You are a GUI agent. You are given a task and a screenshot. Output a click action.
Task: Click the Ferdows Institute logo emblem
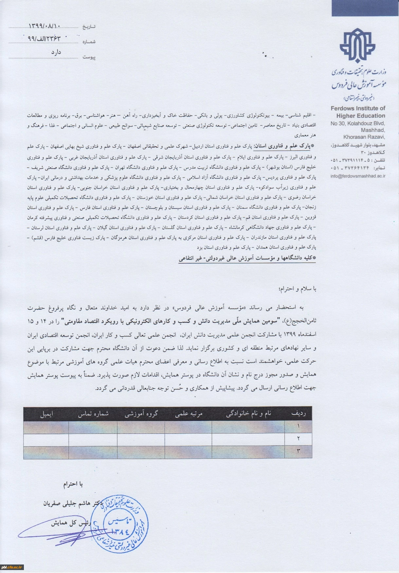point(358,46)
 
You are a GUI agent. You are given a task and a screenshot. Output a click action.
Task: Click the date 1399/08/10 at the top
point(45,26)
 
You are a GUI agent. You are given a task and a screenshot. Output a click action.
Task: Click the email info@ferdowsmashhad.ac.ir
point(358,176)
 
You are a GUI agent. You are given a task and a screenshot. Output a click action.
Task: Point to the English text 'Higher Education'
point(361,116)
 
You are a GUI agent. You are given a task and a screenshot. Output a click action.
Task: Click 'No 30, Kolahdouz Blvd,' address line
point(358,123)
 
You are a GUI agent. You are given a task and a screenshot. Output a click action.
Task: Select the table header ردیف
point(298,414)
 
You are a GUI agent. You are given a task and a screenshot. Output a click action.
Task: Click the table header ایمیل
point(46,414)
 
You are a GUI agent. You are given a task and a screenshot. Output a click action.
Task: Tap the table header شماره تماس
point(93,414)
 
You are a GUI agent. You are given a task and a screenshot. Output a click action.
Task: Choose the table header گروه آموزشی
point(141,414)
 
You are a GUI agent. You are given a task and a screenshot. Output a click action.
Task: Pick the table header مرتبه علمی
point(189,414)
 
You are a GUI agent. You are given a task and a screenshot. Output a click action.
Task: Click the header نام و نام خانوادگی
point(248,414)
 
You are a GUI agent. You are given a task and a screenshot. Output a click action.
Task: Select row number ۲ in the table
point(298,438)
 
